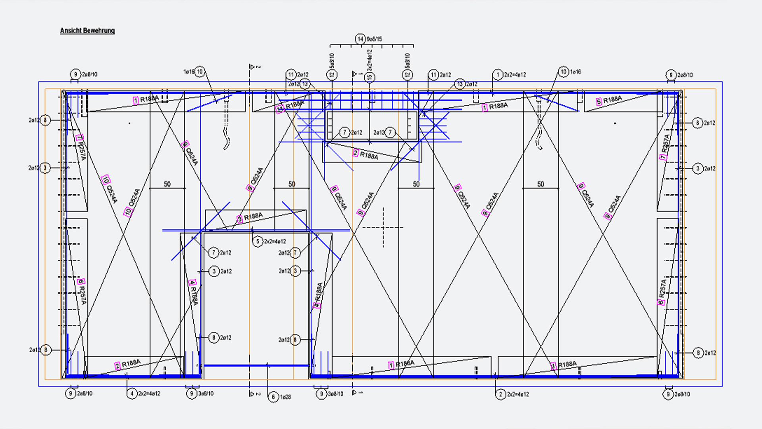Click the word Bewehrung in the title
pyautogui.click(x=99, y=31)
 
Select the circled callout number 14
pyautogui.click(x=360, y=39)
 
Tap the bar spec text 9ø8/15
pyautogui.click(x=374, y=39)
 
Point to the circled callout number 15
pyautogui.click(x=370, y=77)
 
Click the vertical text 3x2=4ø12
pyautogui.click(x=369, y=60)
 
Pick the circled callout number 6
pyautogui.click(x=273, y=397)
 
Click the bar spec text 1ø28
pyautogui.click(x=285, y=397)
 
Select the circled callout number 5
pyautogui.click(x=258, y=241)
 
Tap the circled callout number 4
pyautogui.click(x=132, y=394)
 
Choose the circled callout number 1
pyautogui.click(x=498, y=75)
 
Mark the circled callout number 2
pyautogui.click(x=500, y=394)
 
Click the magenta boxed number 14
pyautogui.click(x=280, y=109)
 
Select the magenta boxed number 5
pyautogui.click(x=599, y=102)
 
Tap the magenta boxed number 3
pyautogui.click(x=239, y=219)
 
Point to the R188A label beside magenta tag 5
pyautogui.click(x=613, y=99)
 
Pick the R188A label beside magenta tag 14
pyautogui.click(x=294, y=105)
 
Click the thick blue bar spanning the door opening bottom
pyautogui.click(x=256, y=365)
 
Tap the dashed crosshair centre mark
pyautogui.click(x=383, y=228)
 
